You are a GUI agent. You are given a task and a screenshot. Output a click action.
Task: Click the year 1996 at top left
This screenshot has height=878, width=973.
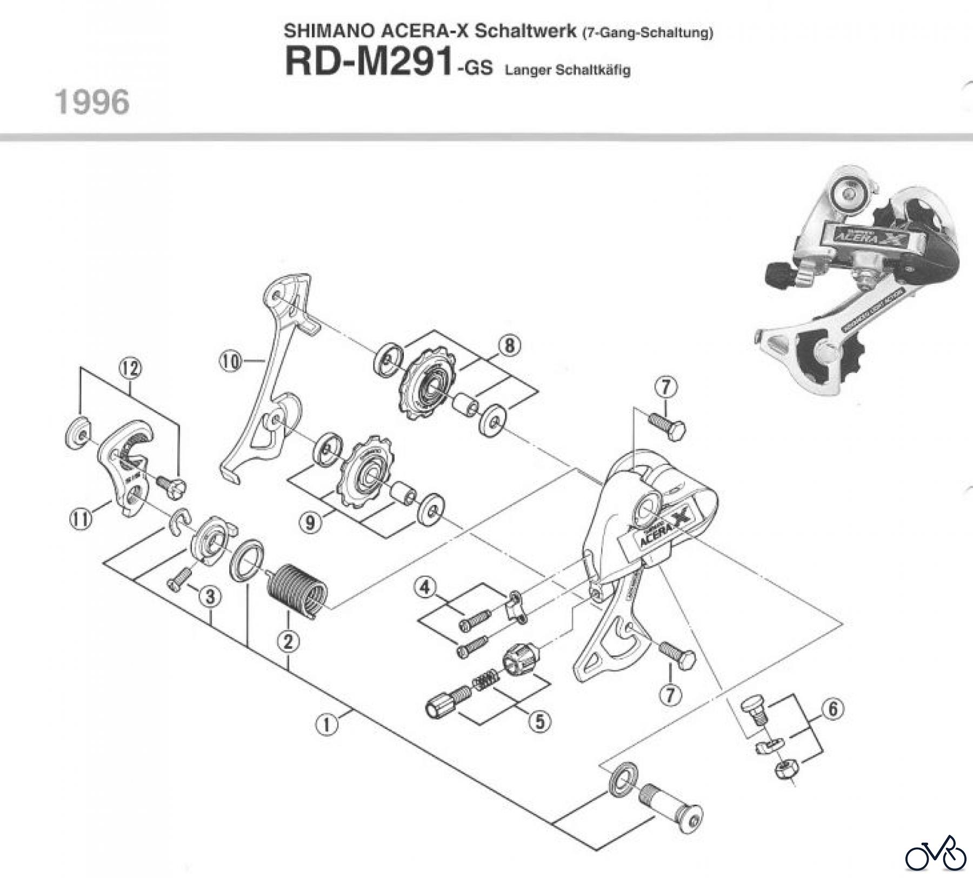pyautogui.click(x=92, y=102)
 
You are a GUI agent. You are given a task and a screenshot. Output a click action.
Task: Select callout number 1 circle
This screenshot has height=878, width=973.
pyautogui.click(x=326, y=724)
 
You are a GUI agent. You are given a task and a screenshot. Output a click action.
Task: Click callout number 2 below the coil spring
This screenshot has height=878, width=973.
pyautogui.click(x=288, y=642)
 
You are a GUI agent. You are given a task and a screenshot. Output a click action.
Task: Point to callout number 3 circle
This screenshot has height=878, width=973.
pyautogui.click(x=210, y=597)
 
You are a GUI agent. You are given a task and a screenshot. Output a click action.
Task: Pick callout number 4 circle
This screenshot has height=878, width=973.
pyautogui.click(x=425, y=587)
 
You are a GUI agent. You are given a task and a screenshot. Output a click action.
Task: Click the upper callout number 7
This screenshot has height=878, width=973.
pyautogui.click(x=665, y=387)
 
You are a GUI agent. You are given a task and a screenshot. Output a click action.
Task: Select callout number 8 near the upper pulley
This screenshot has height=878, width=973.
pyautogui.click(x=510, y=345)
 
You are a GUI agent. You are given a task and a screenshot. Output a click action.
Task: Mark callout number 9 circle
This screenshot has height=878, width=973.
pyautogui.click(x=310, y=523)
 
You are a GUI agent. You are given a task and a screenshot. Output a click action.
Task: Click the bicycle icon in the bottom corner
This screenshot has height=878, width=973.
pyautogui.click(x=936, y=854)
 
